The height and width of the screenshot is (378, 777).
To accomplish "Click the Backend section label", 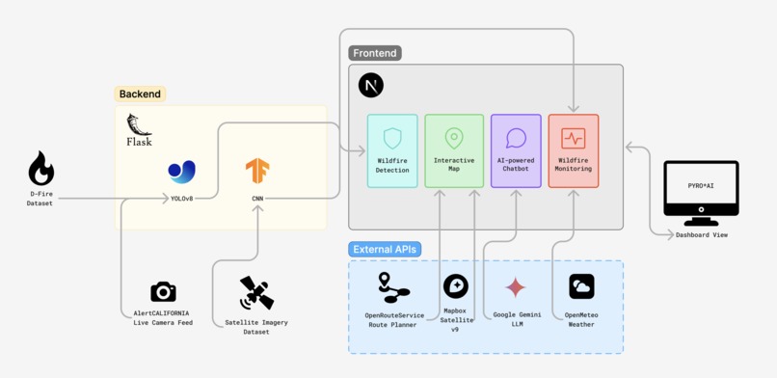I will click(x=141, y=94).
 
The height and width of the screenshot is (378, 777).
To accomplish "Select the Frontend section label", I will click(x=375, y=53).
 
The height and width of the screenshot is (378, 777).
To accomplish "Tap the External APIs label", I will click(x=385, y=249).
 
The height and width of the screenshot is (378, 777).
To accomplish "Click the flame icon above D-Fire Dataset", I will click(x=40, y=169).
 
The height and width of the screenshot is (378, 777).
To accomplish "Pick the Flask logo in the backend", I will click(x=139, y=129).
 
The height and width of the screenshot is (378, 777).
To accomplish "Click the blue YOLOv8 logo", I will click(x=181, y=172).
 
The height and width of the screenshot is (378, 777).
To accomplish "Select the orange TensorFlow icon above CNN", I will click(x=257, y=171).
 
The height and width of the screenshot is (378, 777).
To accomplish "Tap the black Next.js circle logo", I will click(x=370, y=85).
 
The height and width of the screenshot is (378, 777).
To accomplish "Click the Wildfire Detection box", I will click(x=392, y=150).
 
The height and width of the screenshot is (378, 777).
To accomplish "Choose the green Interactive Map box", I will click(x=454, y=150).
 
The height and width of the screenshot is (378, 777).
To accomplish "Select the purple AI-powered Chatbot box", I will click(x=516, y=150).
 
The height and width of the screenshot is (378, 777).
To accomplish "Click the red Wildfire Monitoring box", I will click(x=574, y=150).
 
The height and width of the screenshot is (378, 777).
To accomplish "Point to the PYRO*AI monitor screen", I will click(x=701, y=189).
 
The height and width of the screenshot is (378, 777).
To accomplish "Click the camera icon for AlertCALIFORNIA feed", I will click(x=163, y=291).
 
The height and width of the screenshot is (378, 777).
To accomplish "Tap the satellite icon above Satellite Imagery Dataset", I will click(x=256, y=293).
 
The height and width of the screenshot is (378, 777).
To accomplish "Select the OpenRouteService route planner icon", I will click(x=391, y=287).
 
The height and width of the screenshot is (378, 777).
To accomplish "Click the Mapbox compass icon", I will click(x=455, y=286).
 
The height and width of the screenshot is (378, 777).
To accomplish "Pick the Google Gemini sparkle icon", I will click(x=516, y=287).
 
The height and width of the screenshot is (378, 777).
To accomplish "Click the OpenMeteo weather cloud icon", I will click(x=581, y=286).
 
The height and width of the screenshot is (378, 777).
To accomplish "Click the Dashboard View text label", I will click(x=701, y=235).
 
